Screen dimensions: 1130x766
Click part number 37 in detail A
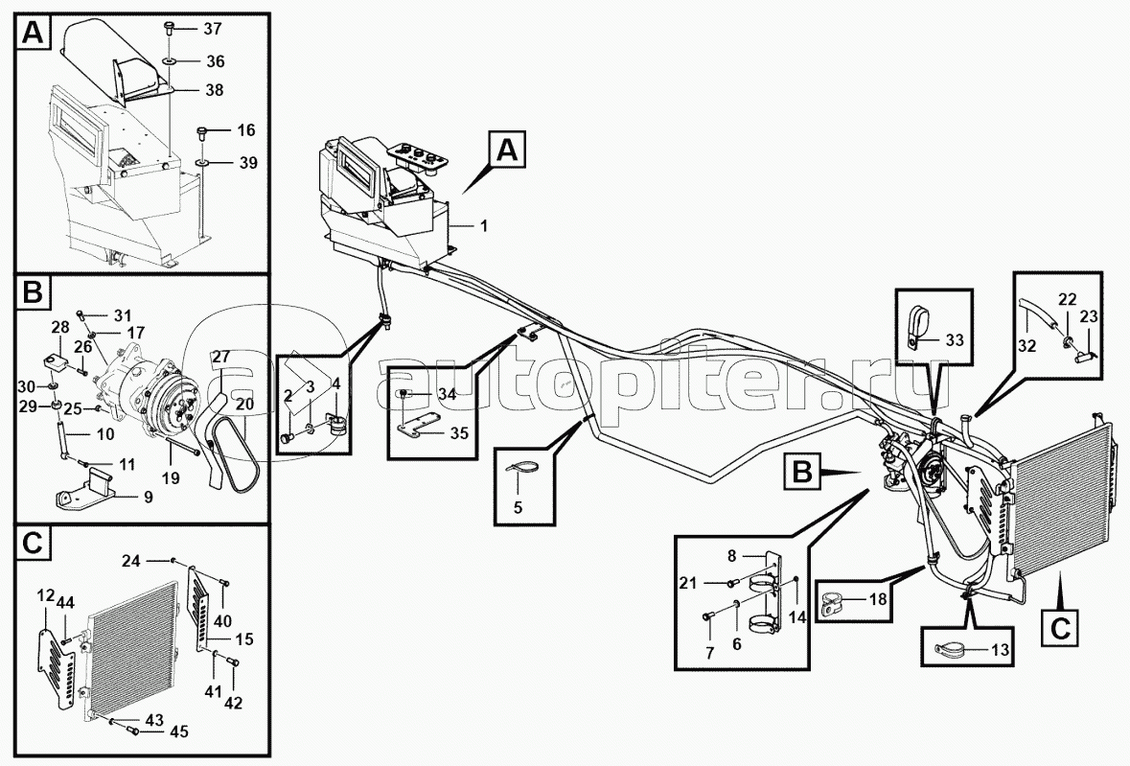(213, 29)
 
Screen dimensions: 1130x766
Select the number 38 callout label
(214, 90)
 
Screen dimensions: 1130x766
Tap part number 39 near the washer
(248, 163)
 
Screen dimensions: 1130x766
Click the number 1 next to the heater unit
(484, 226)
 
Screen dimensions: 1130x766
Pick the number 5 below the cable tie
(518, 507)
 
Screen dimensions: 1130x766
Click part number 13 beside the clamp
(1001, 651)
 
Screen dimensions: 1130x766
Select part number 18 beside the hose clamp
(878, 598)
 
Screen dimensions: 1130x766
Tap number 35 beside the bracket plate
(459, 433)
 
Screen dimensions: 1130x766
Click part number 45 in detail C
(178, 732)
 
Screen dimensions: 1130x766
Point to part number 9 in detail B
(148, 498)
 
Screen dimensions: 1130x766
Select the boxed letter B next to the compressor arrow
(802, 473)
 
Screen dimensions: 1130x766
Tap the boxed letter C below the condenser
(1060, 628)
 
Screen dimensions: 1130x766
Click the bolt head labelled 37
(169, 28)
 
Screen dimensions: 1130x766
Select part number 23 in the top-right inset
(1088, 316)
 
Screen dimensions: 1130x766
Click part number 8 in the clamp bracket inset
(731, 556)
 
